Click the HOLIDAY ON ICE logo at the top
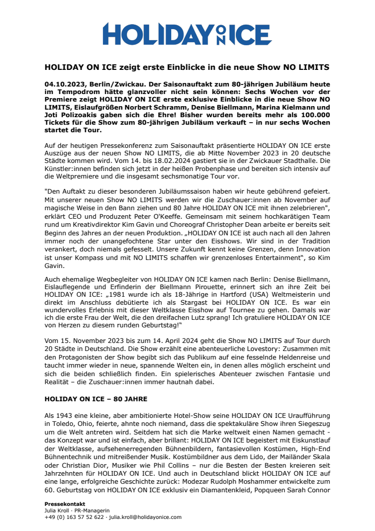[x=187, y=35]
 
